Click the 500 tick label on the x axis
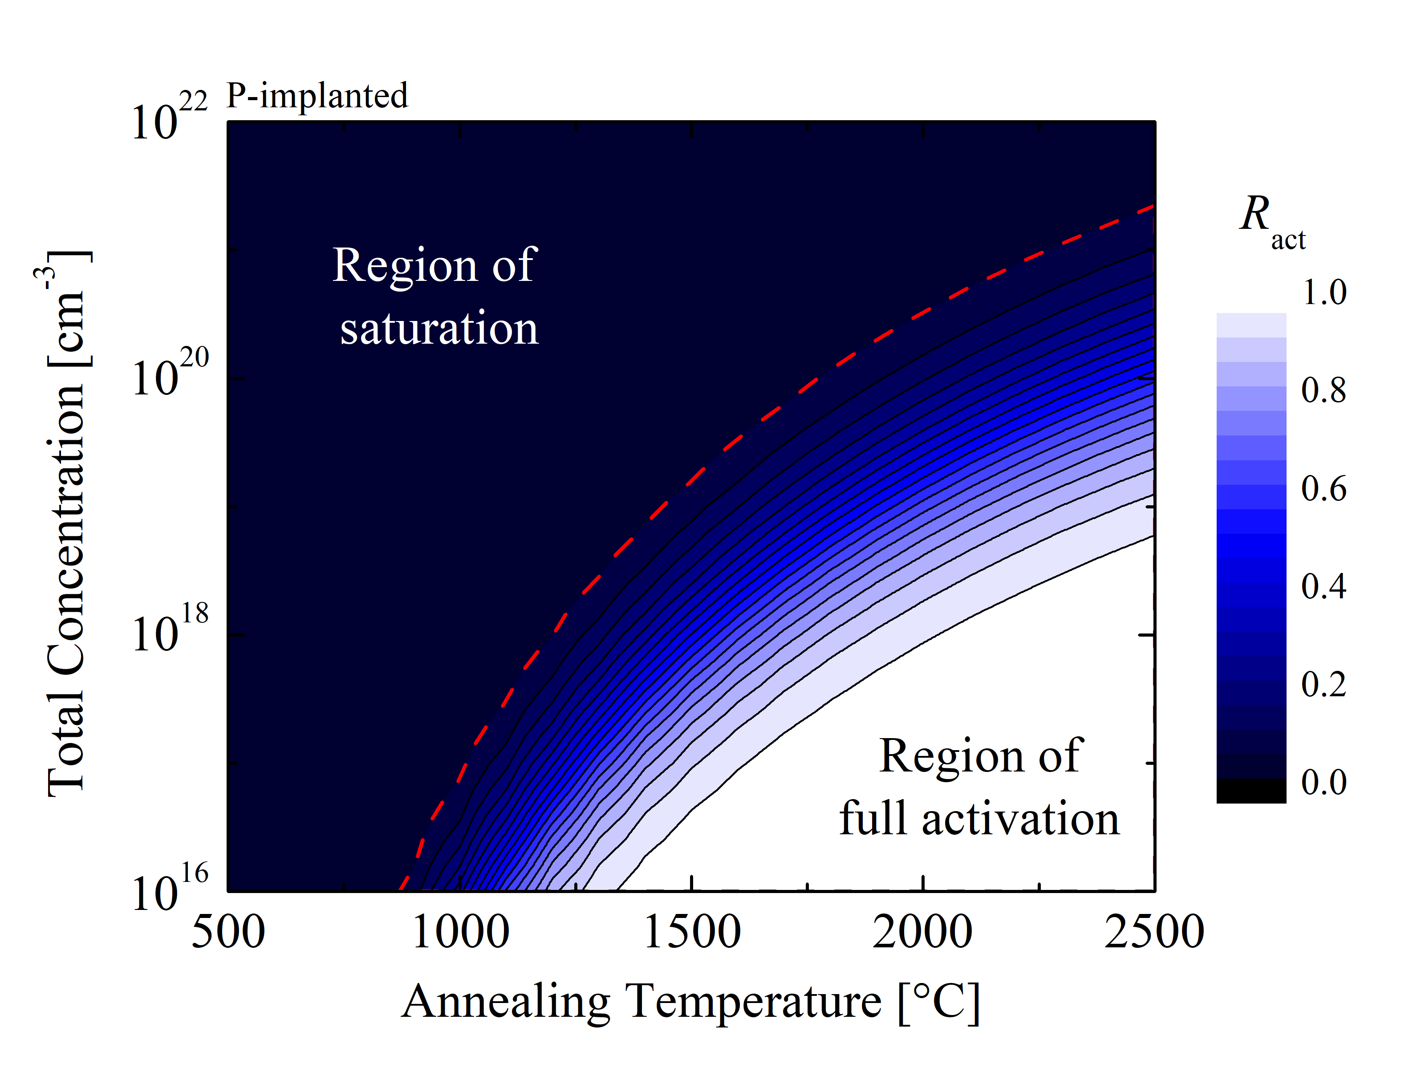[x=228, y=932]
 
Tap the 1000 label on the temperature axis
[x=460, y=932]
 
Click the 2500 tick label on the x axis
[x=1154, y=932]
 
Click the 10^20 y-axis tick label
[x=170, y=372]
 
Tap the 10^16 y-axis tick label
[x=170, y=888]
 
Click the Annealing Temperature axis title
[x=690, y=1003]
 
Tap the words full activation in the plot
[x=979, y=818]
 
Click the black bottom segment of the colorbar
[x=1251, y=791]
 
